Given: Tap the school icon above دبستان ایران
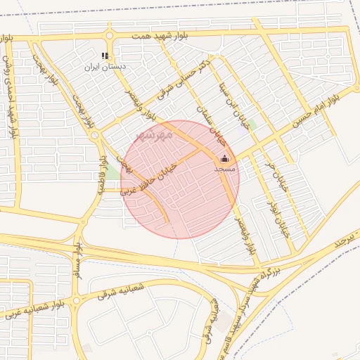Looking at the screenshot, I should click(105, 56).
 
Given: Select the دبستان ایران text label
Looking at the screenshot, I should click(105, 67).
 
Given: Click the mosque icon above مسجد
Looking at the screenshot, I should click(224, 159).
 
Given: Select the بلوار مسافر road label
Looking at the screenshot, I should click(78, 264).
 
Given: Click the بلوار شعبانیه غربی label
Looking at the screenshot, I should click(27, 310).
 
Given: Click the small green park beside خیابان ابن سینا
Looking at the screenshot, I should click(251, 124).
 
